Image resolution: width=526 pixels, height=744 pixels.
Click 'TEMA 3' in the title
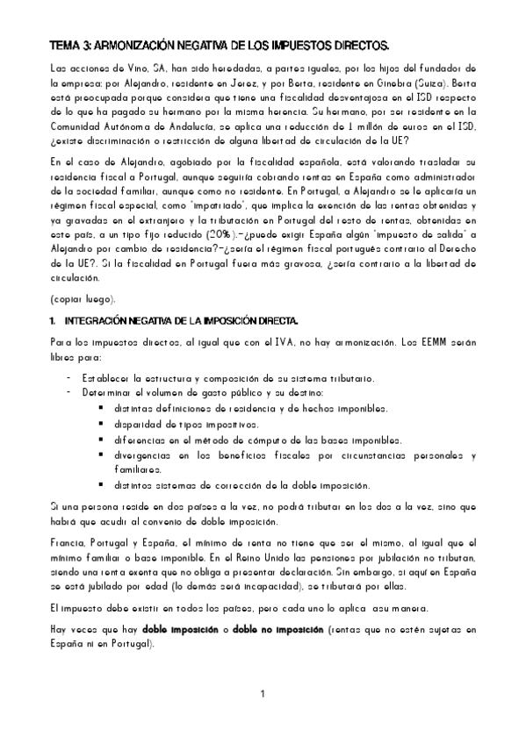[x=69, y=44]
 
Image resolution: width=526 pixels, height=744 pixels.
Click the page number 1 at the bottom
[x=262, y=695]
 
